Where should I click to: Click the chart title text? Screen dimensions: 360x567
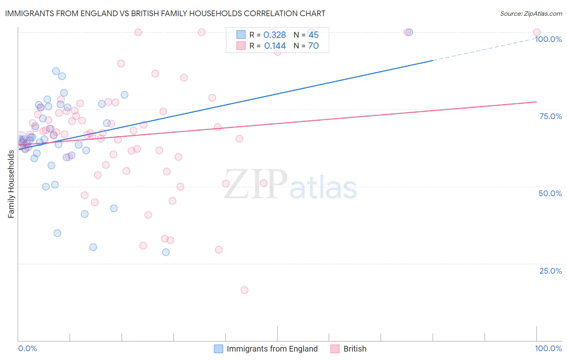(x=165, y=13)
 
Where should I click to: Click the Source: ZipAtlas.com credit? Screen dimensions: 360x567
(x=531, y=13)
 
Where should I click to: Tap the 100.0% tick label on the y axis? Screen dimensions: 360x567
(x=548, y=39)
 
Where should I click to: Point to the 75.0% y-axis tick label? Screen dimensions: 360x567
(x=550, y=116)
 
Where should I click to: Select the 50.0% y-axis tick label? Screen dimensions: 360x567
(x=550, y=193)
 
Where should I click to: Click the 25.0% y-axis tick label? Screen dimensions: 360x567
(x=550, y=271)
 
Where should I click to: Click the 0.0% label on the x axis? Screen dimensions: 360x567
(x=27, y=348)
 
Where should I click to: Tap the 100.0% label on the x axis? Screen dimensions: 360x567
(x=548, y=348)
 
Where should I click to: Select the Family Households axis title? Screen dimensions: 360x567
(x=11, y=184)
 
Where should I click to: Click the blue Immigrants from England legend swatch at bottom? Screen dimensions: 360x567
(x=218, y=349)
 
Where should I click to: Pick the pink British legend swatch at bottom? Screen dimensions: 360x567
(x=335, y=349)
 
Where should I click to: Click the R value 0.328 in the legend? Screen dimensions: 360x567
(x=274, y=35)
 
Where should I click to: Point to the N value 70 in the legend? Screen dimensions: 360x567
(x=313, y=46)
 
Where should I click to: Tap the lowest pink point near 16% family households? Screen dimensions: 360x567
(x=244, y=290)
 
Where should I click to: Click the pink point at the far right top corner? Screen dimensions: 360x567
(x=536, y=32)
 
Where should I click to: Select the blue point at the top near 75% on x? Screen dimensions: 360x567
(x=409, y=32)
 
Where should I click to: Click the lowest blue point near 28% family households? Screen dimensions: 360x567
(x=166, y=252)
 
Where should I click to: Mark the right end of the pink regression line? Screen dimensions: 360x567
(x=536, y=102)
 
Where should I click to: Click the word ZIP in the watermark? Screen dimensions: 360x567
(x=255, y=184)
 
